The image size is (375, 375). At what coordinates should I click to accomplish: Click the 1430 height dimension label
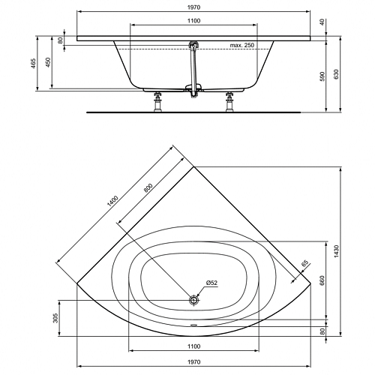(336, 251)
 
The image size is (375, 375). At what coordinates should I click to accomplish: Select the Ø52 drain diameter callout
(211, 283)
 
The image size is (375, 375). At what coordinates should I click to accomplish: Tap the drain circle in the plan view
(193, 300)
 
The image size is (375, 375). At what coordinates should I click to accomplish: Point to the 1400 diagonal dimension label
(112, 201)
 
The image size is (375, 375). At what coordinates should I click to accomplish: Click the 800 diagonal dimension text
(148, 188)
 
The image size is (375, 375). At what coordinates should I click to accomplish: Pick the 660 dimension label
(322, 280)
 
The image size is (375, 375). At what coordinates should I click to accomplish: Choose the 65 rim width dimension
(304, 263)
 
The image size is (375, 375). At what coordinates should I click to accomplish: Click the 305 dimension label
(55, 318)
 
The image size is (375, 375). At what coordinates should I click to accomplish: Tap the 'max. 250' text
(241, 45)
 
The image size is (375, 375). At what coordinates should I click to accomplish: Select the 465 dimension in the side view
(34, 63)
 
